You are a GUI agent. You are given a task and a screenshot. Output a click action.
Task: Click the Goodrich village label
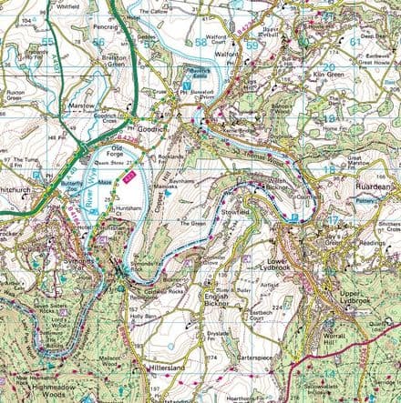point(150,130)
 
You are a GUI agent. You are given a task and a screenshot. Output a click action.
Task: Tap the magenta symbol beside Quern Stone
point(129,174)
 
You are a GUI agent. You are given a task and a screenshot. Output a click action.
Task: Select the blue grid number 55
point(46,43)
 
